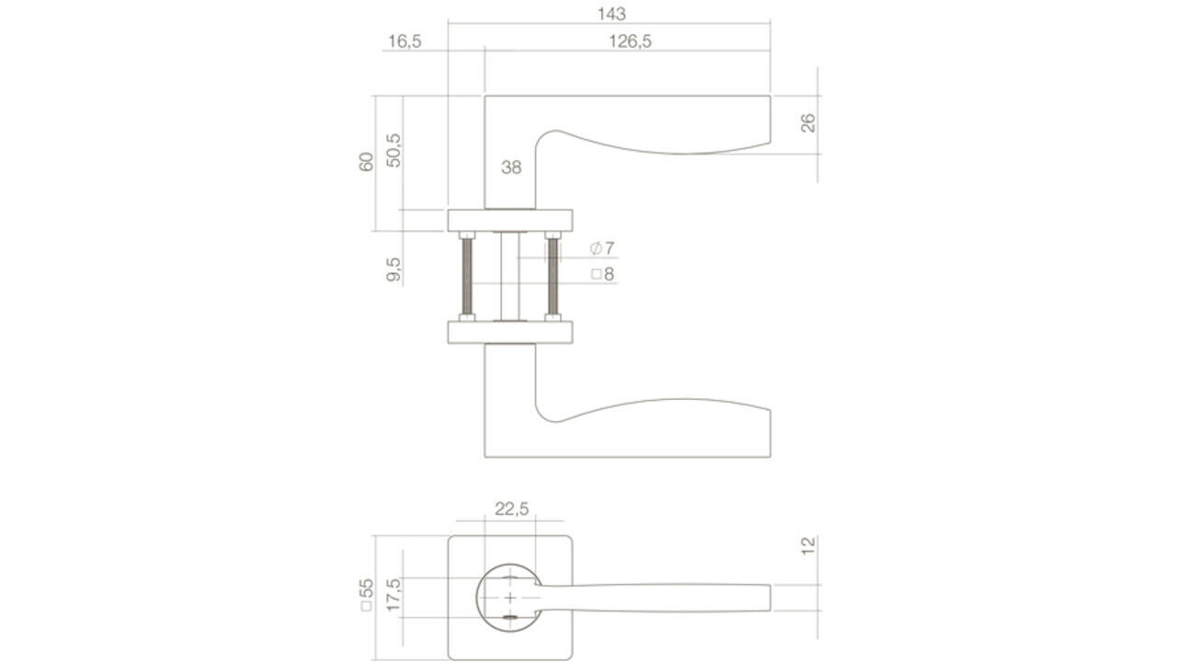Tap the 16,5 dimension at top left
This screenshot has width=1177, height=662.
click(405, 41)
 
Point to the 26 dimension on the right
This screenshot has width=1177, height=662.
click(808, 123)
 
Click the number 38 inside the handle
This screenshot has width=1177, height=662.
click(511, 167)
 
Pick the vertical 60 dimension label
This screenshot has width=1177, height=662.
click(366, 162)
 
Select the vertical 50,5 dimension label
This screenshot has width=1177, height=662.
click(394, 150)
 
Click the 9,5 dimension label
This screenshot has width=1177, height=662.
click(394, 268)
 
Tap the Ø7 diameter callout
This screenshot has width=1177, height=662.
click(602, 248)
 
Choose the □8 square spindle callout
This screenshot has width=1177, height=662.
click(602, 274)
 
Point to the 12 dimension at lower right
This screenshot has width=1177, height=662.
click(808, 546)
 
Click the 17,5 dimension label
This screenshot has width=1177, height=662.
click(394, 597)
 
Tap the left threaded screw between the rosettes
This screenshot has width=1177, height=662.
click(466, 276)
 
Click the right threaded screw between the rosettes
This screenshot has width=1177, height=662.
click(553, 276)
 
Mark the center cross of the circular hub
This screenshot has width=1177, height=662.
click(510, 598)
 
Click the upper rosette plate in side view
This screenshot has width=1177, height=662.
click(510, 220)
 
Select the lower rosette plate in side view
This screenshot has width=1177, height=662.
click(510, 332)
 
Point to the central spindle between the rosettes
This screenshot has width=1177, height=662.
click(509, 276)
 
